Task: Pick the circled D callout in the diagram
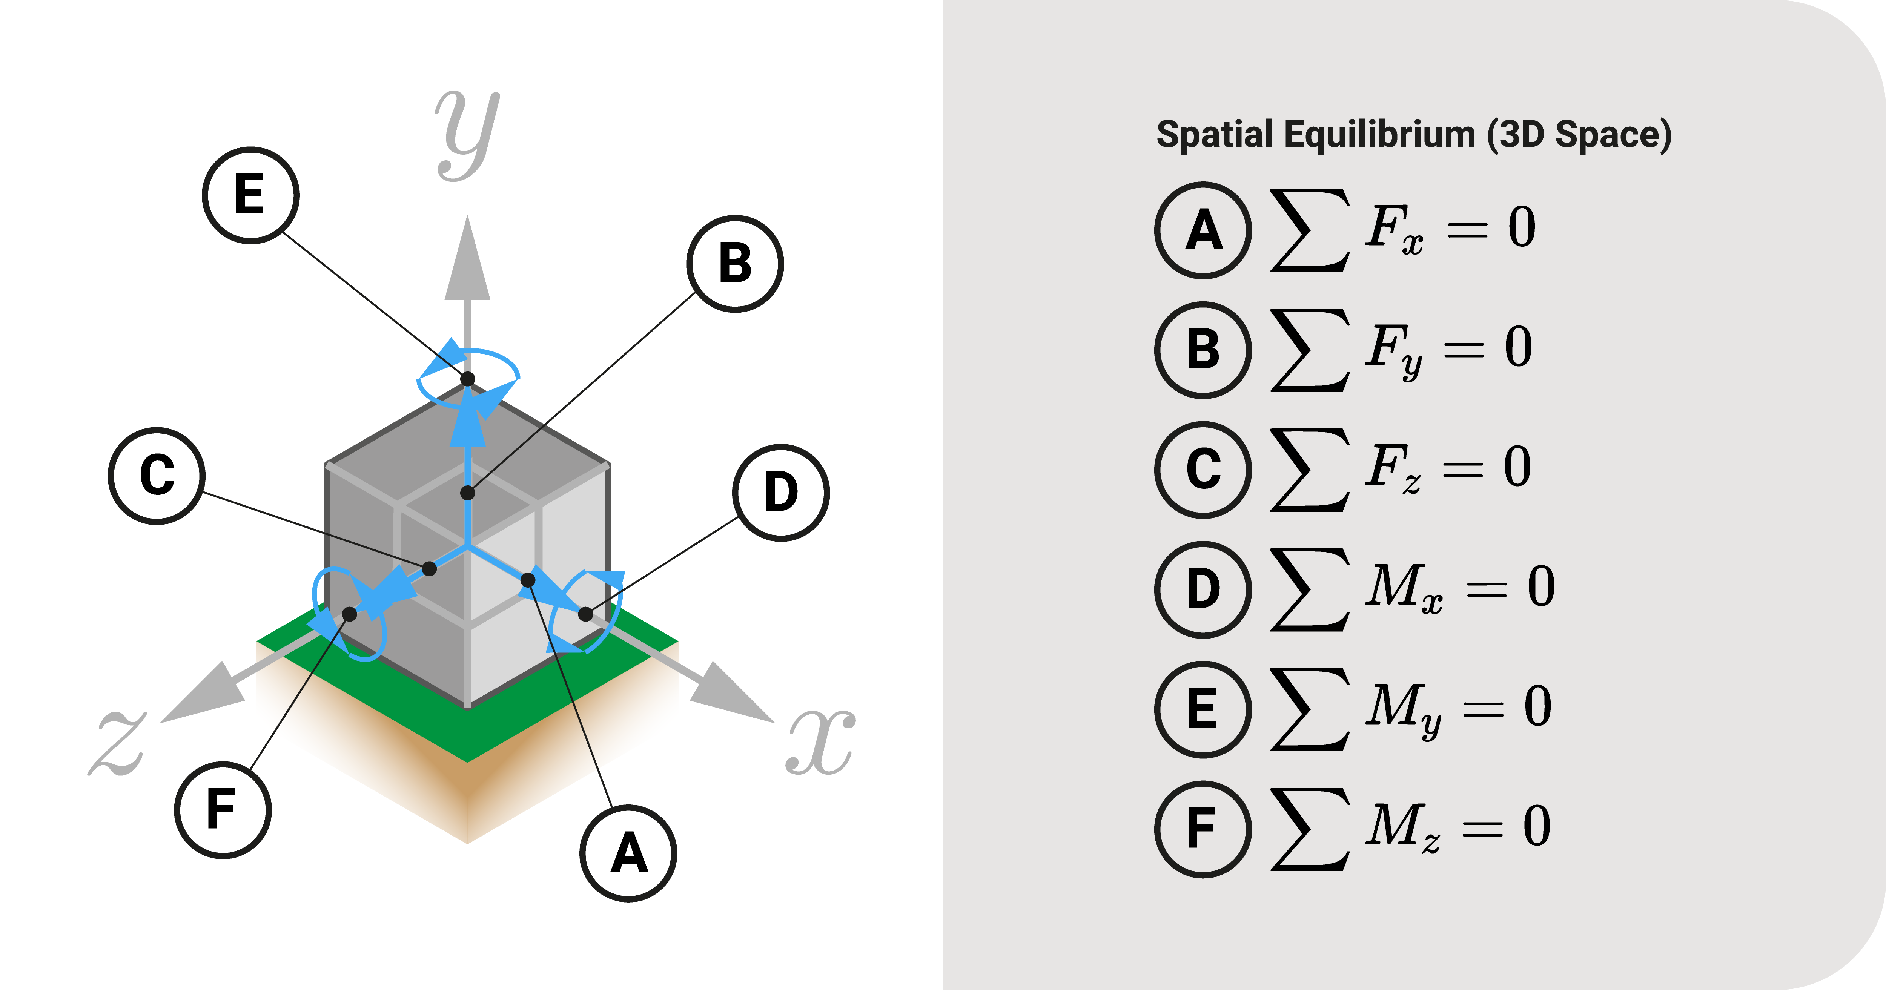(780, 492)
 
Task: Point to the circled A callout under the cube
(628, 853)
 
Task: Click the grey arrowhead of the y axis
(467, 264)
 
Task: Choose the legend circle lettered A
(1203, 230)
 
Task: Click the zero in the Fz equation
(1517, 467)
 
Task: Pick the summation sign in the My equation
(1309, 709)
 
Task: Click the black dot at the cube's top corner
(467, 379)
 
